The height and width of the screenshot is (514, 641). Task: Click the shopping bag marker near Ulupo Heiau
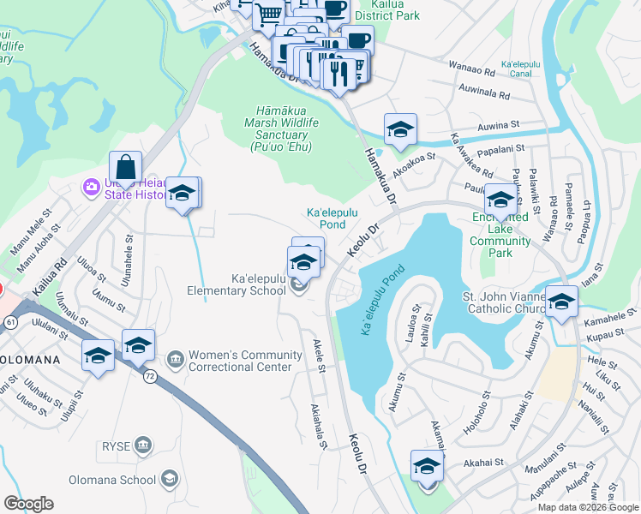pyautogui.click(x=125, y=166)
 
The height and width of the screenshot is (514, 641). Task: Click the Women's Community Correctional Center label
pyautogui.click(x=245, y=361)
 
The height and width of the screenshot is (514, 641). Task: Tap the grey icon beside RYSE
pyautogui.click(x=143, y=445)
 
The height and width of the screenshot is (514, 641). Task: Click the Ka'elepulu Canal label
pyautogui.click(x=529, y=69)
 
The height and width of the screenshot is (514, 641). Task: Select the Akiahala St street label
pyautogui.click(x=320, y=426)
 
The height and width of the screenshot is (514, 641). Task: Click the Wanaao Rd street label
pyautogui.click(x=471, y=74)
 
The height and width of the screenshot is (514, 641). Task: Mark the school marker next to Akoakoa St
pyautogui.click(x=399, y=129)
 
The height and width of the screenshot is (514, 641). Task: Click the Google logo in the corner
pyautogui.click(x=28, y=504)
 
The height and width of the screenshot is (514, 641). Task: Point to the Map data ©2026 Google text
pyautogui.click(x=588, y=507)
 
